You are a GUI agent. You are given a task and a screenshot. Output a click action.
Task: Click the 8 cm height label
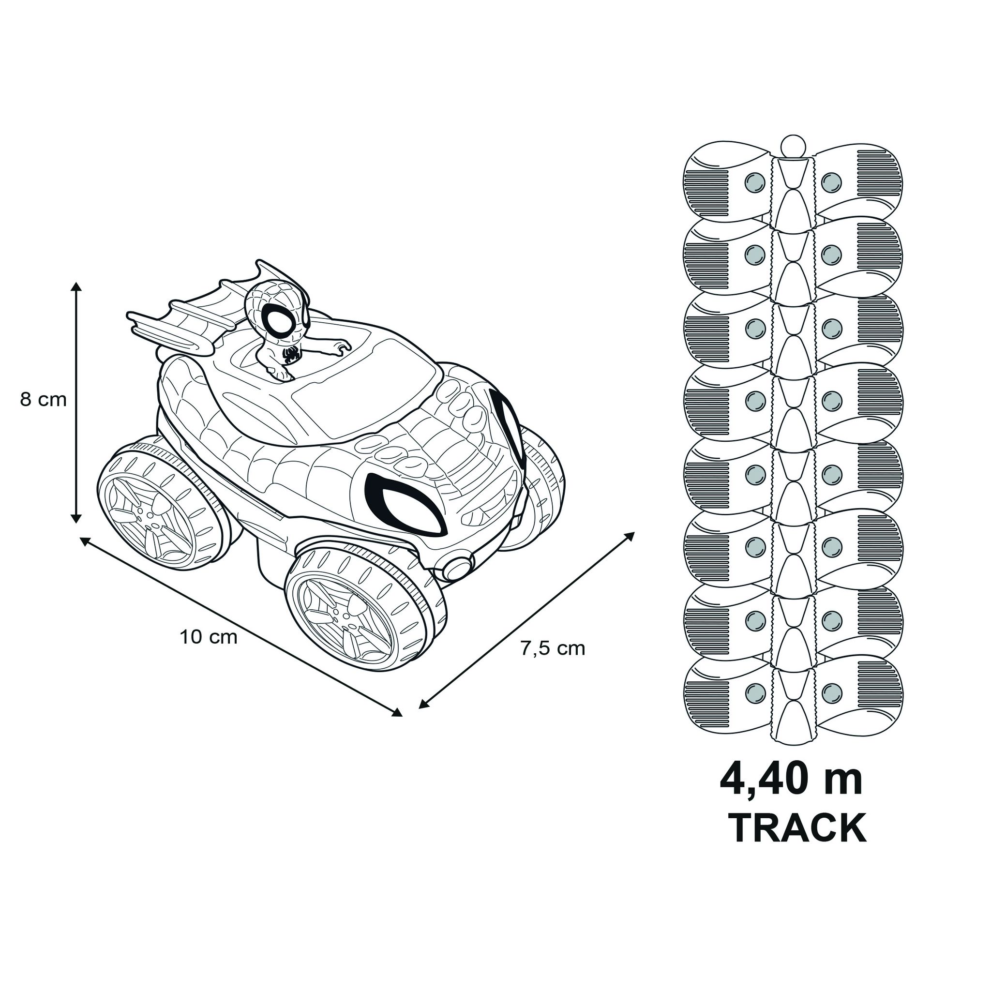point(44,400)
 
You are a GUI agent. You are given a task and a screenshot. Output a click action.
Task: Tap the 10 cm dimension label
point(209,638)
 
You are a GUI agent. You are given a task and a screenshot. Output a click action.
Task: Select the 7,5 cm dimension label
point(553,649)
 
